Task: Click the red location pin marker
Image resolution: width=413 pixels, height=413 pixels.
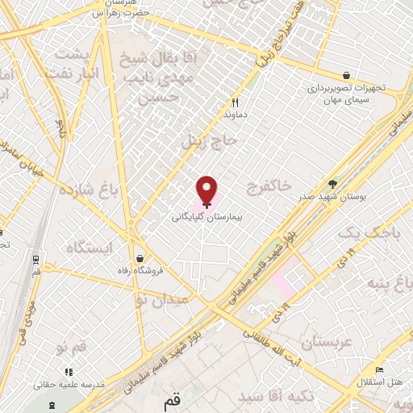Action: [x=207, y=190]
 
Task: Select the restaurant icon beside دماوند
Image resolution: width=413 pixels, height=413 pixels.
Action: [x=236, y=102]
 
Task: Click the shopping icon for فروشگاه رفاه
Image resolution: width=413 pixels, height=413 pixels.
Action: [x=141, y=259]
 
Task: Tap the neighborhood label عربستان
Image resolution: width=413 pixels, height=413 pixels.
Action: [x=326, y=343]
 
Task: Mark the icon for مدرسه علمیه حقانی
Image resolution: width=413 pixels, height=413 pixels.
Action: [x=69, y=372]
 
